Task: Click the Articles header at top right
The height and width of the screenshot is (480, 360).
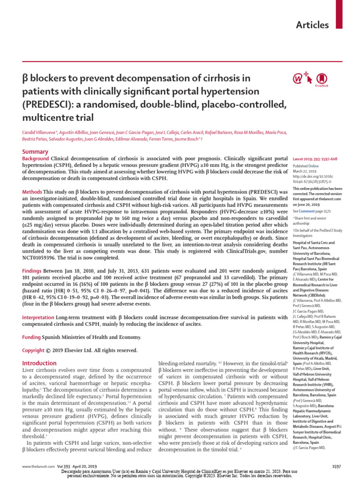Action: [x=312, y=25]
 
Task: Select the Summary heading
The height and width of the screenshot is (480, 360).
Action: [x=36, y=151]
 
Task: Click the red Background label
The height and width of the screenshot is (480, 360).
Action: [x=36, y=159]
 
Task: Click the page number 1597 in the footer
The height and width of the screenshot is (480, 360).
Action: [x=337, y=467]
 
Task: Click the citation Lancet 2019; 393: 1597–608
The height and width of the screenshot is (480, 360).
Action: [x=317, y=160]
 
